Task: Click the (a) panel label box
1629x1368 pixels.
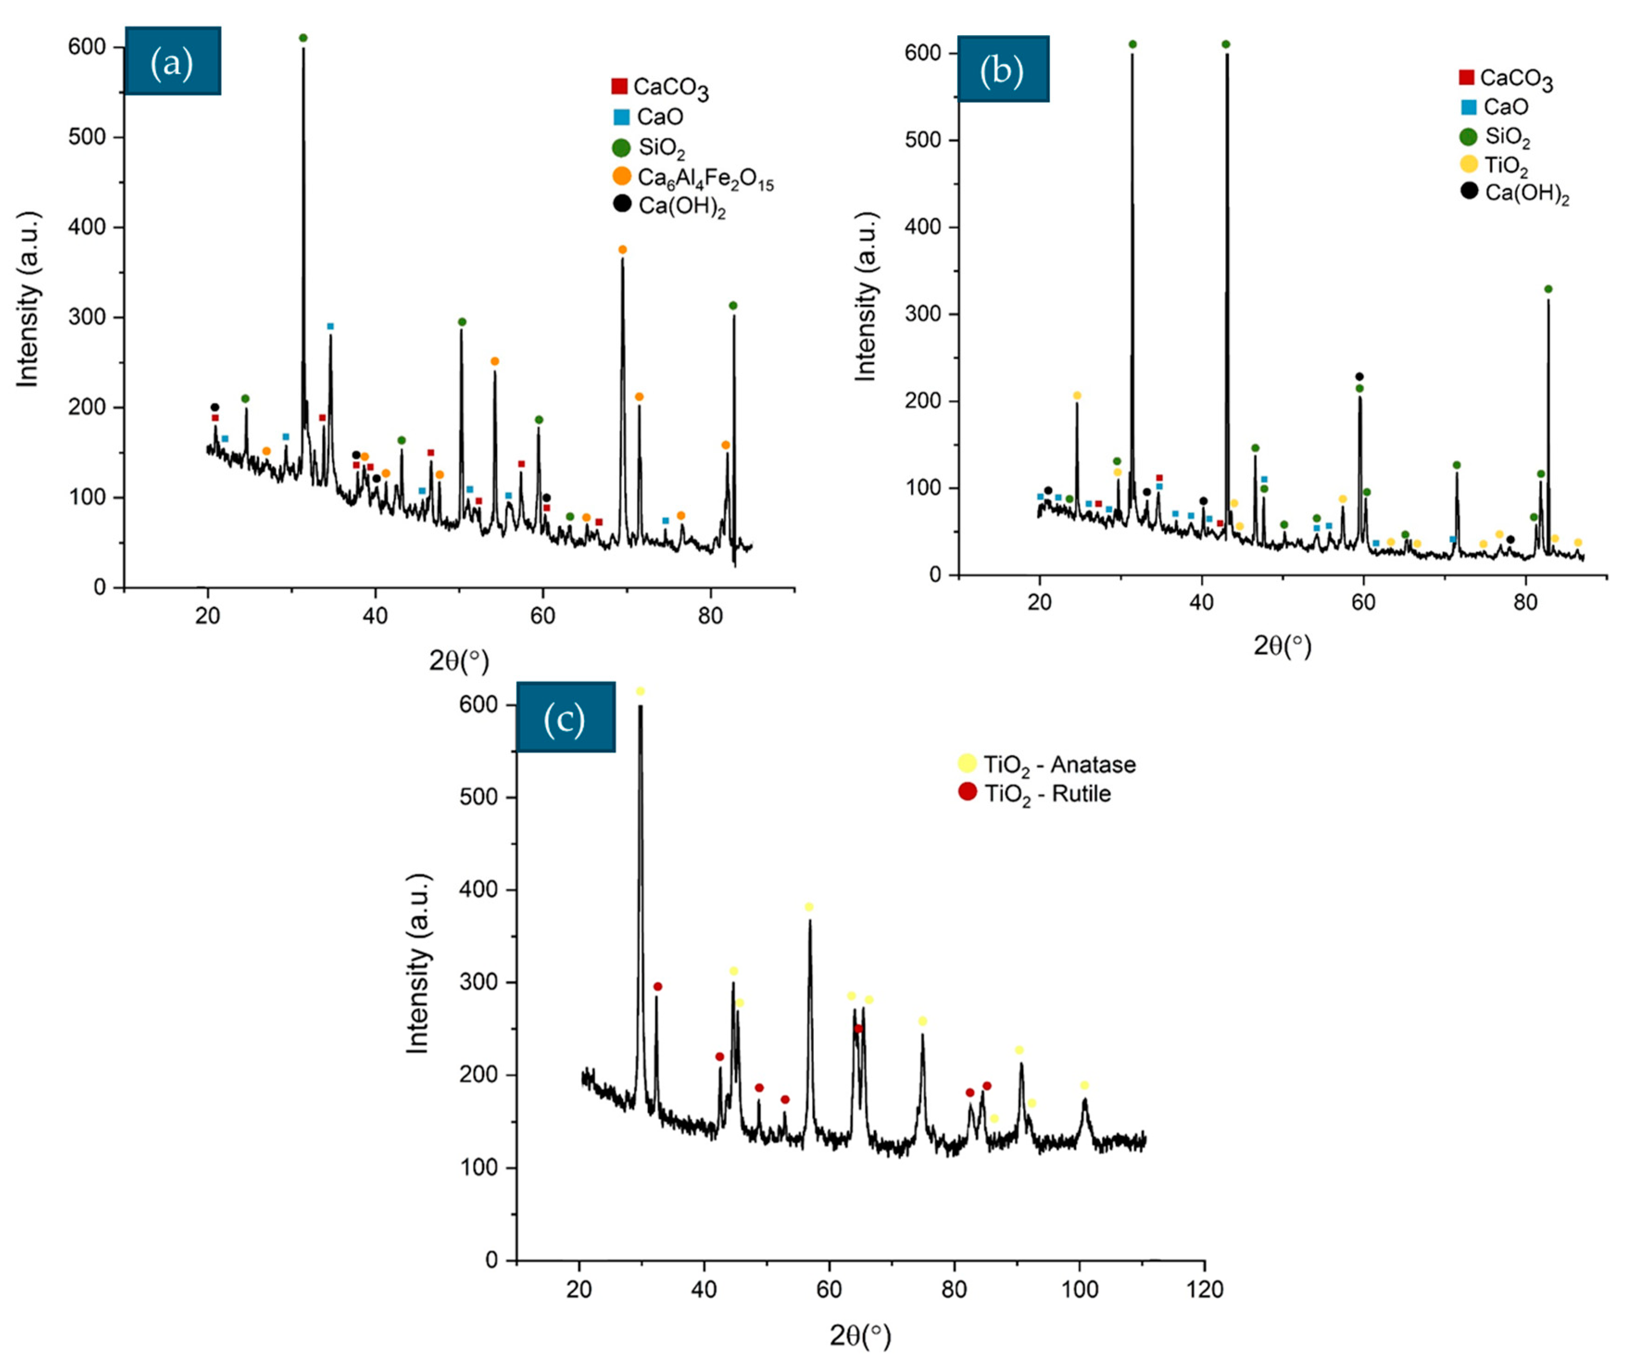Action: pyautogui.click(x=172, y=61)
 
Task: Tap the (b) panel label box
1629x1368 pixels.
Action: pyautogui.click(x=1002, y=69)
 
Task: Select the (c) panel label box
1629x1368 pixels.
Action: pyautogui.click(x=565, y=718)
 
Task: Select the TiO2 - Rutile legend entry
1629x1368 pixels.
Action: pyautogui.click(x=1034, y=794)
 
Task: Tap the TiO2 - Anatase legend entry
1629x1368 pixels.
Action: pyautogui.click(x=1046, y=764)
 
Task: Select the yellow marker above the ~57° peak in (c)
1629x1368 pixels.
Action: pyautogui.click(x=809, y=907)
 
